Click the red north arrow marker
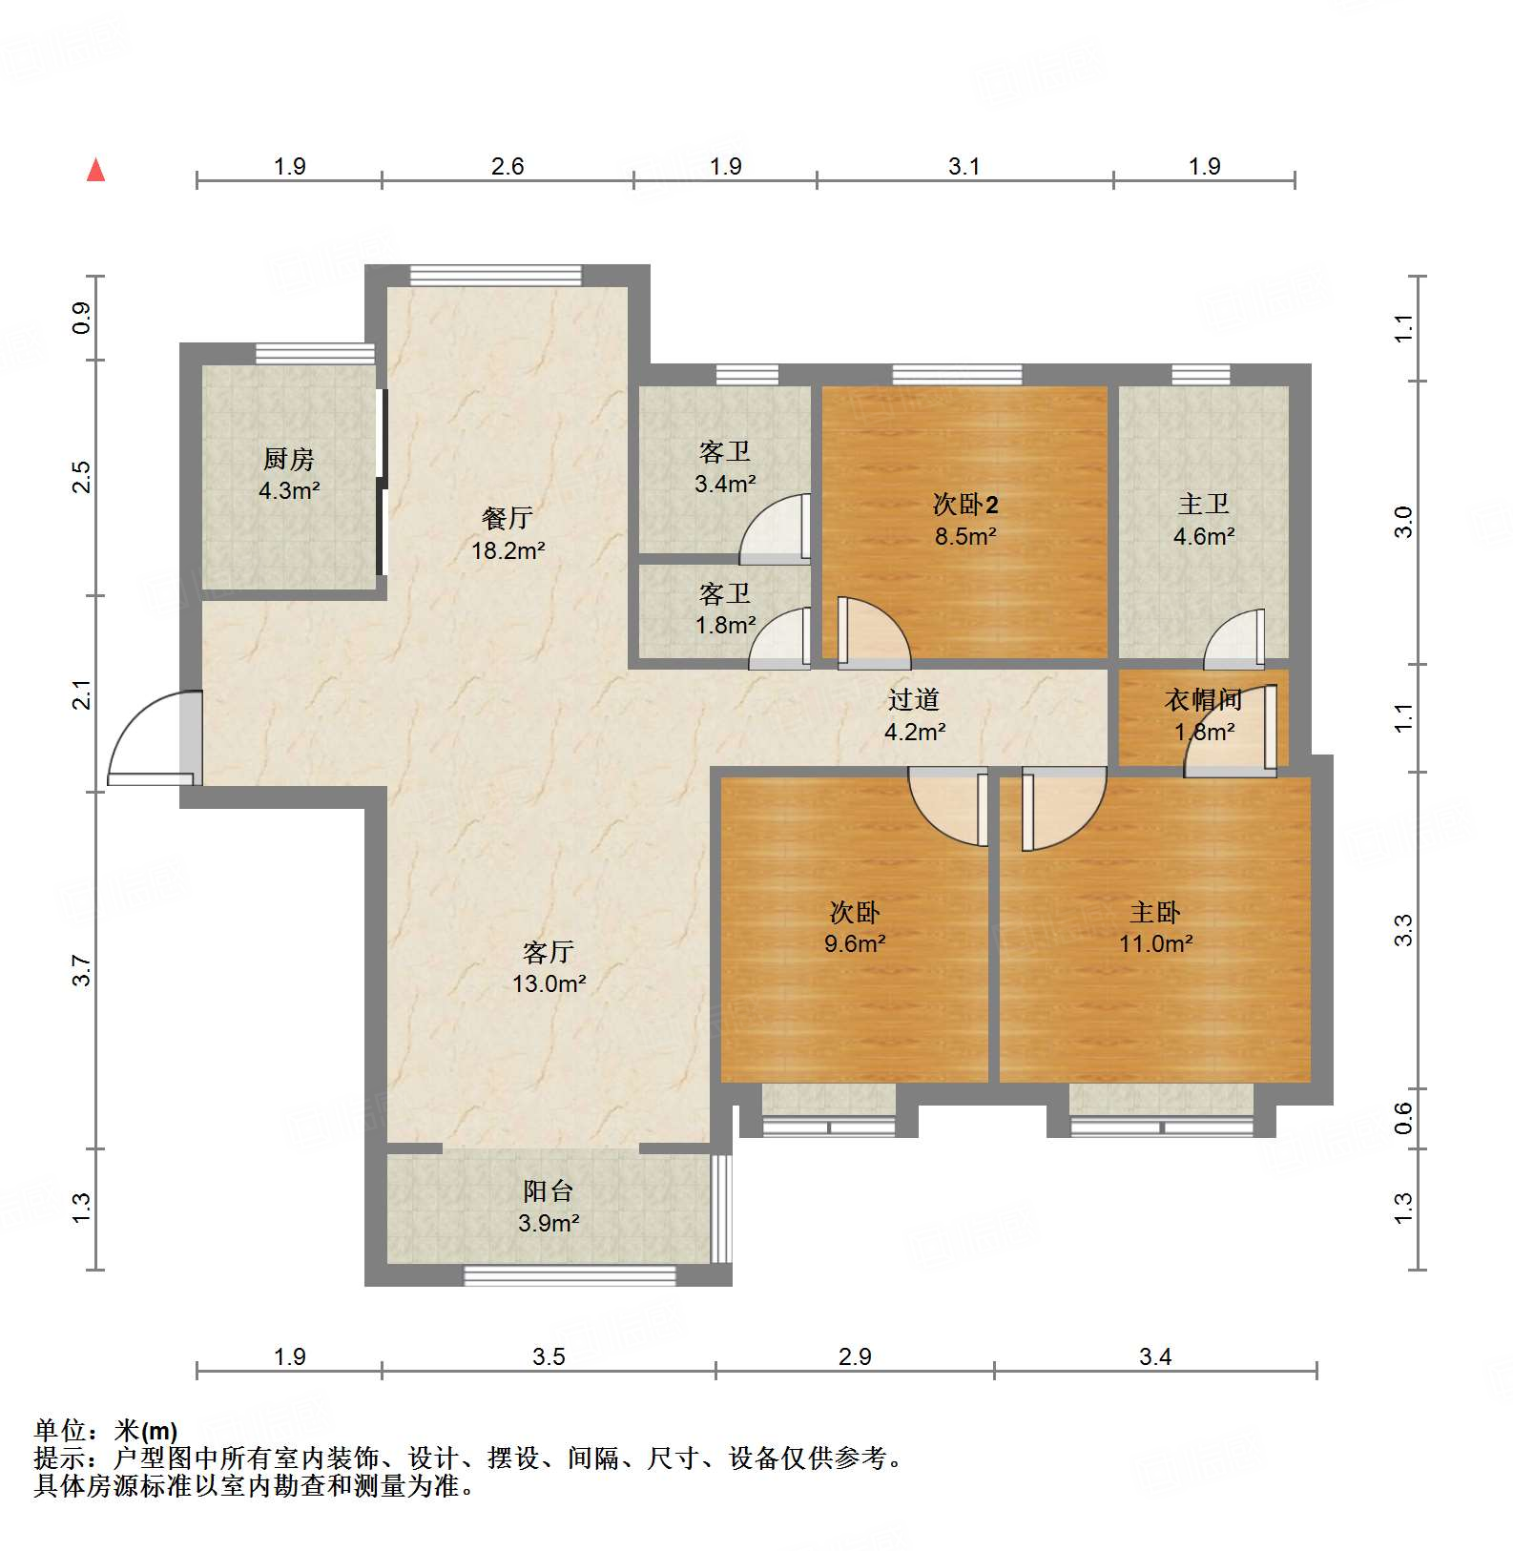[95, 171]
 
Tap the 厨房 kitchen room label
[288, 460]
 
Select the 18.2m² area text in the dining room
[508, 550]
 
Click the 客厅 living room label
[548, 951]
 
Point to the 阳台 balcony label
[548, 1190]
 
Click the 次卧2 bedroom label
[964, 504]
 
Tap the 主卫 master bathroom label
[1203, 504]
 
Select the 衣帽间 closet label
[1203, 700]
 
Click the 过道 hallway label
[913, 700]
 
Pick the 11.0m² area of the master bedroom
[1155, 943]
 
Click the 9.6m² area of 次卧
[854, 943]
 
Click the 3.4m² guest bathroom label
[725, 484]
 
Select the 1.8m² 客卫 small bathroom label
[725, 625]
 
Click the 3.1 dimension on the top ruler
[964, 167]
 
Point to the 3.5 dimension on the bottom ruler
[549, 1356]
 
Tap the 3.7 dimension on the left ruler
[82, 970]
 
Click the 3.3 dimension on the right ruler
[1402, 930]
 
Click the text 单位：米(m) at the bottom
[106, 1431]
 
